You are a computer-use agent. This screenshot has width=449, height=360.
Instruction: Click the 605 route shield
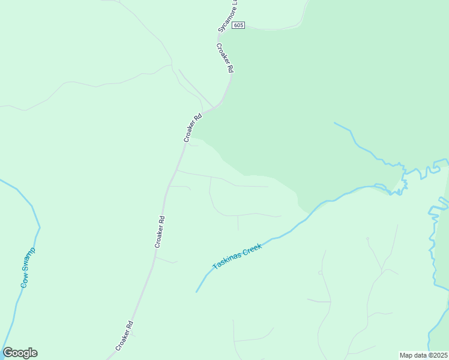tap(240, 25)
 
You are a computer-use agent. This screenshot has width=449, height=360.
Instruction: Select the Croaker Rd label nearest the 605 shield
tap(224, 58)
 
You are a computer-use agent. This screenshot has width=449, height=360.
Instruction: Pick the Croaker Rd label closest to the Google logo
tap(125, 335)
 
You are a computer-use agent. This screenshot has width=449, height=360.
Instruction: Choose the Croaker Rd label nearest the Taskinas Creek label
tap(160, 232)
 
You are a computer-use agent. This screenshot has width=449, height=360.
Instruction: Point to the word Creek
tap(252, 248)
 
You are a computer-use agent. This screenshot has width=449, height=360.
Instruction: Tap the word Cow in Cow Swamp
tap(25, 280)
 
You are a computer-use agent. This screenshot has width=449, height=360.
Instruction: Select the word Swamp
tap(31, 260)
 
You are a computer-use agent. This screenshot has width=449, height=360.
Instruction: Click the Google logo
tap(20, 353)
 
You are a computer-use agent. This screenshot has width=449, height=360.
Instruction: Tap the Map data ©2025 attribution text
tap(424, 355)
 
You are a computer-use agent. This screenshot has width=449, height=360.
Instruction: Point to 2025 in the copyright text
tap(439, 355)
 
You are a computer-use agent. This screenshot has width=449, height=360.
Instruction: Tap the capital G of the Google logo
tap(8, 353)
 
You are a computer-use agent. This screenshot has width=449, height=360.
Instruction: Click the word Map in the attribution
tap(406, 355)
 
